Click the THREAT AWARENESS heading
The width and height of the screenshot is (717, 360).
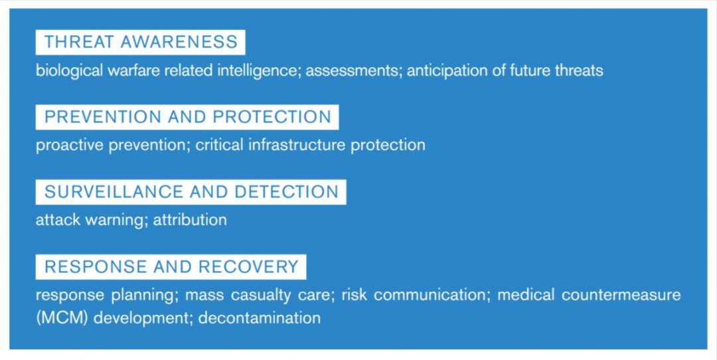pyautogui.click(x=140, y=43)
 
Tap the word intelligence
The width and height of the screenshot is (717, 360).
pyautogui.click(x=259, y=70)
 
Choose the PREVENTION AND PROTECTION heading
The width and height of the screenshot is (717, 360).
pyautogui.click(x=187, y=117)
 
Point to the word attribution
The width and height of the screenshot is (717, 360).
pyautogui.click(x=190, y=220)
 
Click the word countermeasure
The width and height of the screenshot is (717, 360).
pyautogui.click(x=621, y=295)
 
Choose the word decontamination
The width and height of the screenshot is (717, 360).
pyautogui.click(x=260, y=317)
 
